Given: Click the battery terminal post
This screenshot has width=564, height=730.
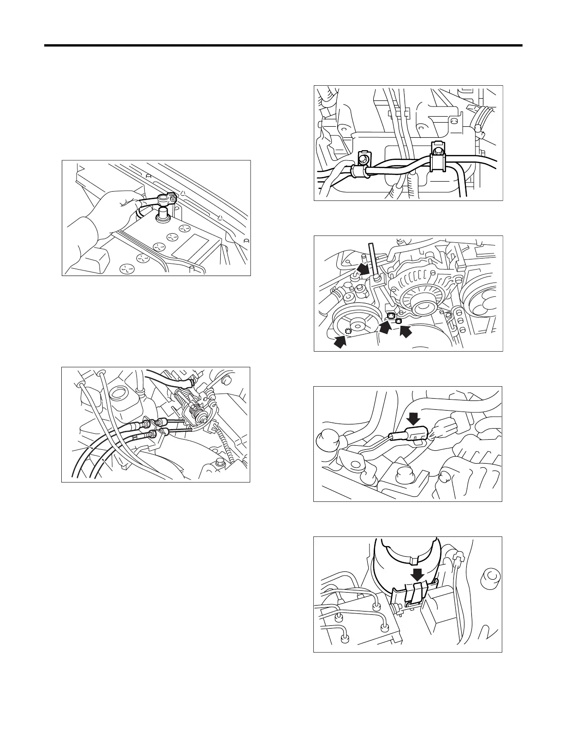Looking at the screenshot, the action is click(163, 214).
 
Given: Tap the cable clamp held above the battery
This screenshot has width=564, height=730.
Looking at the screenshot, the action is click(165, 199).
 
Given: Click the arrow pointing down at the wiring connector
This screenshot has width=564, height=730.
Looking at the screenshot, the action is click(414, 419).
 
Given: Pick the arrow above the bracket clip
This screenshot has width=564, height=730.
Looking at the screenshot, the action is click(418, 574).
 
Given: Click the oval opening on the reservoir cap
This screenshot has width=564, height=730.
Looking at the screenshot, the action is click(118, 394).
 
